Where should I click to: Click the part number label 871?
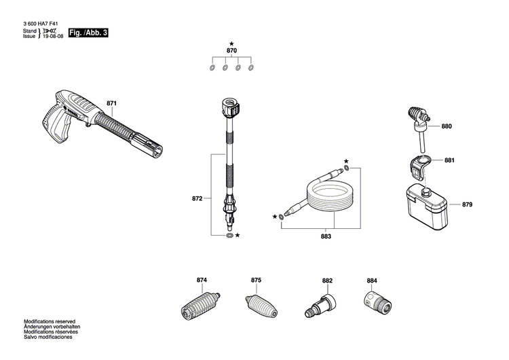coord(111,103)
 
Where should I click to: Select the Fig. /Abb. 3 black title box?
coord(88,33)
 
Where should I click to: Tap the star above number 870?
coord(231,43)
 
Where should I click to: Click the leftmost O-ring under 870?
coord(212,68)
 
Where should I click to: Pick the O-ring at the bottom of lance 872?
coord(229,235)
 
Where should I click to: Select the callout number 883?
coord(326,236)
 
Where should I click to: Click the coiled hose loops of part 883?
coord(330,198)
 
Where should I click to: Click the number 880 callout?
coord(447,126)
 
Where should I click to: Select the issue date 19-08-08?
coord(53,36)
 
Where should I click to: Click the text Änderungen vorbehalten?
coord(52,327)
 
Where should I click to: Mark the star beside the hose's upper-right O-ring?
coord(346,161)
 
